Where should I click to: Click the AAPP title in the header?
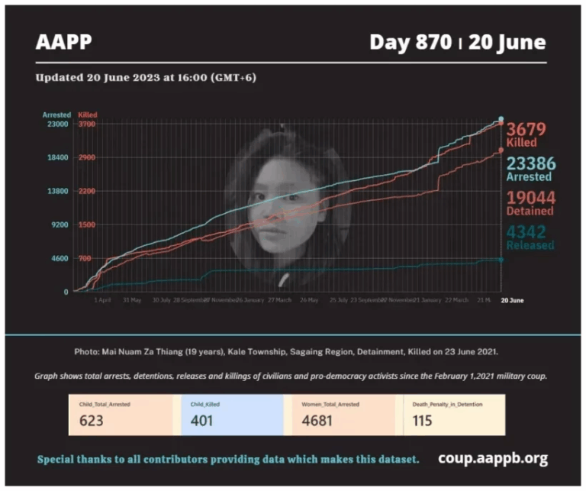[63, 42]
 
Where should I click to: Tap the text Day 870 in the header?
[411, 42]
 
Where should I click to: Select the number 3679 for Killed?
[527, 129]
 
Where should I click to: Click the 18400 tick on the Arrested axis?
[58, 157]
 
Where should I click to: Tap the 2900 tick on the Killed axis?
[86, 157]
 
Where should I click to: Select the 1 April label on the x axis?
[102, 300]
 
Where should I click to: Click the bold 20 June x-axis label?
[512, 300]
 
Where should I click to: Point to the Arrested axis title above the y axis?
[56, 115]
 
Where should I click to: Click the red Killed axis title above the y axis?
[87, 115]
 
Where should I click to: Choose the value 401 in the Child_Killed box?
[202, 420]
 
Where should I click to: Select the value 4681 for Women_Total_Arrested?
[319, 420]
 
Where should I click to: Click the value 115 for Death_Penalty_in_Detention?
[423, 420]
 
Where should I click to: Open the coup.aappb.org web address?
[493, 459]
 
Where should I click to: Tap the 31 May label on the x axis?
[131, 300]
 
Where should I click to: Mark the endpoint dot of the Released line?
[501, 260]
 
